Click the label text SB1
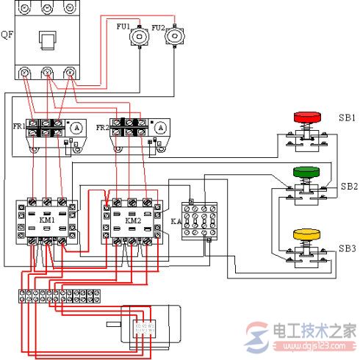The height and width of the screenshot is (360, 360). [x=347, y=118]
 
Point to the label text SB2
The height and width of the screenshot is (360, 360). [x=348, y=187]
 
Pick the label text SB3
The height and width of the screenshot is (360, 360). [x=348, y=248]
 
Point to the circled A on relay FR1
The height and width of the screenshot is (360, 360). [x=75, y=127]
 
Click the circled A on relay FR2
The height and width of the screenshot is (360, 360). [x=162, y=127]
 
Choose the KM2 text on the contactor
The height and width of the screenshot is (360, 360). [x=132, y=220]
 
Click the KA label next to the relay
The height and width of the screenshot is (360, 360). [x=175, y=220]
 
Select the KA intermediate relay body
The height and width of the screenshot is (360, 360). [x=201, y=220]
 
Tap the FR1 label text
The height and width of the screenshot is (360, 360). [x=18, y=126]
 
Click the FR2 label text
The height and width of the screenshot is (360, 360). [x=103, y=126]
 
